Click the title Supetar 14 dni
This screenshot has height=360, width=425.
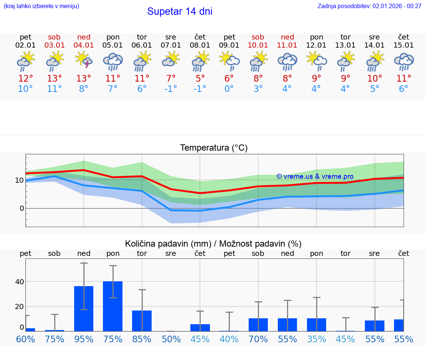180,11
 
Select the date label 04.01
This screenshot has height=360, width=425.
84,45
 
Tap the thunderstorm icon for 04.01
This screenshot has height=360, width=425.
84,60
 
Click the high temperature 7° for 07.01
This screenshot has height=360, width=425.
171,79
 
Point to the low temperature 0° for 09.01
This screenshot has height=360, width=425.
229,89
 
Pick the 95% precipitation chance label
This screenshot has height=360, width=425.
84,339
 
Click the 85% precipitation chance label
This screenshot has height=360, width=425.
142,339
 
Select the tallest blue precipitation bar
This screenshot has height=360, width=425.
113,306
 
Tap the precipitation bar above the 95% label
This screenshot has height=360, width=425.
84,309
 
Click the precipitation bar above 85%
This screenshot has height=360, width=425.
142,321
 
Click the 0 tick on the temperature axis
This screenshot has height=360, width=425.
22,208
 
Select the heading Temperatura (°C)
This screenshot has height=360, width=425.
214,148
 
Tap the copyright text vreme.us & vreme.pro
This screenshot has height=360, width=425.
315,176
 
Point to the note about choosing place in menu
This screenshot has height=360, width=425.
41,6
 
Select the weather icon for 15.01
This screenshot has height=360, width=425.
404,61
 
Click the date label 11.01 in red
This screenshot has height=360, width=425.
287,45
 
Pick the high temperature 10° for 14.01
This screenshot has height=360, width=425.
374,79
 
